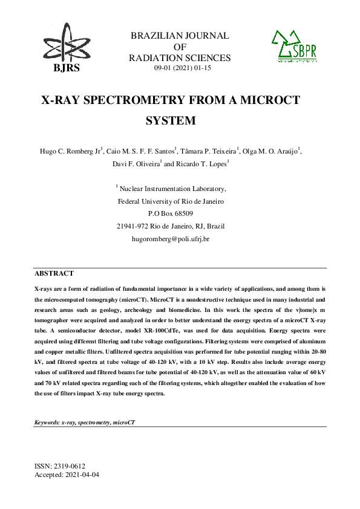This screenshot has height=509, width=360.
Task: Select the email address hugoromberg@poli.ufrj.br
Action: tap(171, 239)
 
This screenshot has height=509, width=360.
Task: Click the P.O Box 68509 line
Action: tap(171, 213)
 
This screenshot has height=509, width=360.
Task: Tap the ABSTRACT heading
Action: tap(54, 273)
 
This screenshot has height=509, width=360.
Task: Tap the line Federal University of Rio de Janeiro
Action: tap(171, 201)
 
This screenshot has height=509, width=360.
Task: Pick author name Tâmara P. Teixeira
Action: tap(210, 151)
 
